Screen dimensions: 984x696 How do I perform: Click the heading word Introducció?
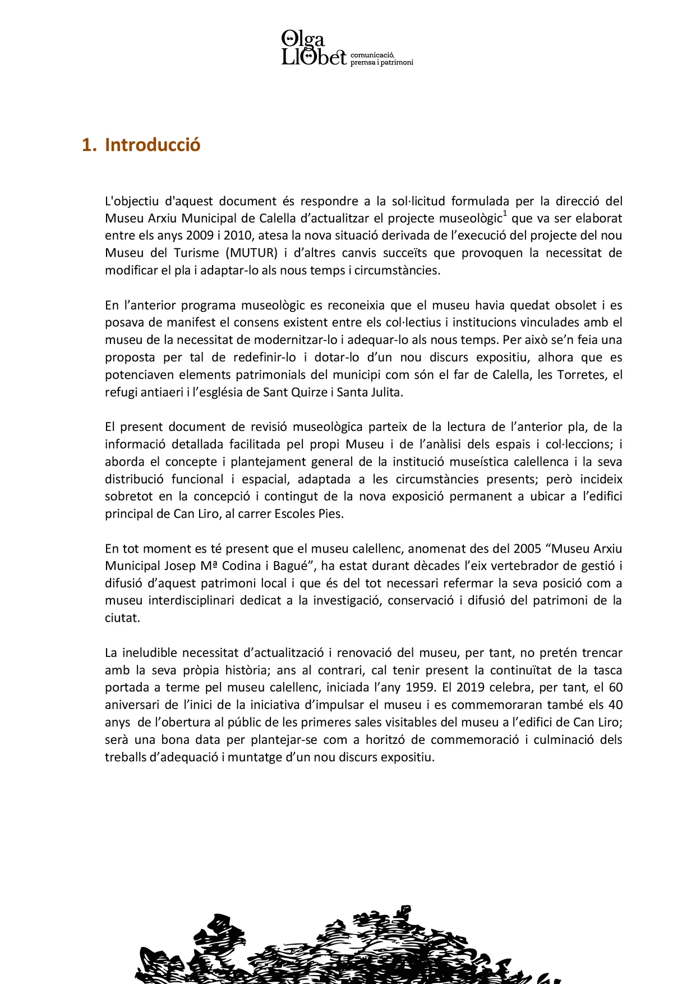click(x=153, y=145)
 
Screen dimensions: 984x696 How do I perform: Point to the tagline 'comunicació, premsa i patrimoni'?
click(x=381, y=59)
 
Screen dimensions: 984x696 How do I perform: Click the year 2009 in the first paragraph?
click(x=200, y=235)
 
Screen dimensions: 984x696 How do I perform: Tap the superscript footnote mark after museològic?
click(x=505, y=214)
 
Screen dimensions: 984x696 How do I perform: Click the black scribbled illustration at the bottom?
click(x=348, y=948)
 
